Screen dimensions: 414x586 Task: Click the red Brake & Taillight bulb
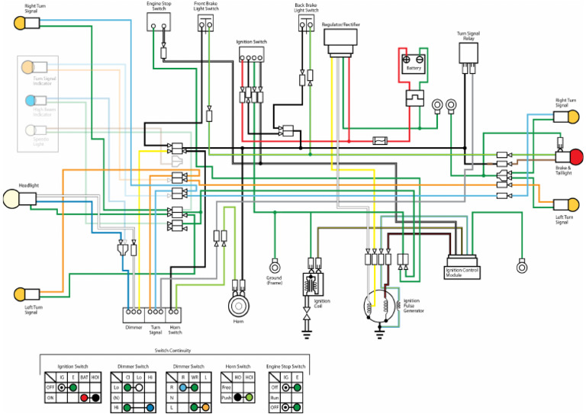tap(576, 157)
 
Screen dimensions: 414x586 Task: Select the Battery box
tap(413, 63)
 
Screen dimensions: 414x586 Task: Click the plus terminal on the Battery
tap(407, 58)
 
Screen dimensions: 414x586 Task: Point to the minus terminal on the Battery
tap(420, 58)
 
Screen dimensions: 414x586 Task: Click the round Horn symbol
tap(238, 307)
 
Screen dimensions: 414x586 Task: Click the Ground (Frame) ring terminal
tap(274, 266)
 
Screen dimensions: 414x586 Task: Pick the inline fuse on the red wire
tap(379, 140)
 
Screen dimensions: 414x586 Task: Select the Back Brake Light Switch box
tap(305, 24)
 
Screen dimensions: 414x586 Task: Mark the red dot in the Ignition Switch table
tap(85, 398)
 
